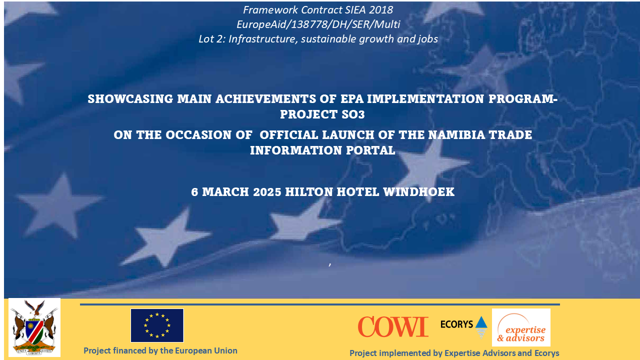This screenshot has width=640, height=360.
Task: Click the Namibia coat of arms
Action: pos(34,327)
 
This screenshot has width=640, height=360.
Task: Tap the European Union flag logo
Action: pos(157,325)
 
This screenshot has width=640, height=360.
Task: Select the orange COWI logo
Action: pos(393,327)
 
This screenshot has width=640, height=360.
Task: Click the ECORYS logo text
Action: pos(456,324)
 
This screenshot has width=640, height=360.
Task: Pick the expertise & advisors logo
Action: pos(521,327)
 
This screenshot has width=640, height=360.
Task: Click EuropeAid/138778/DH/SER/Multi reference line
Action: pos(318,24)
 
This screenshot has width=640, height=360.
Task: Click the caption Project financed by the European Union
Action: pos(160,350)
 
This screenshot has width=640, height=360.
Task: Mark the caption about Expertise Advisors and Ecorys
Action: pos(454,353)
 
